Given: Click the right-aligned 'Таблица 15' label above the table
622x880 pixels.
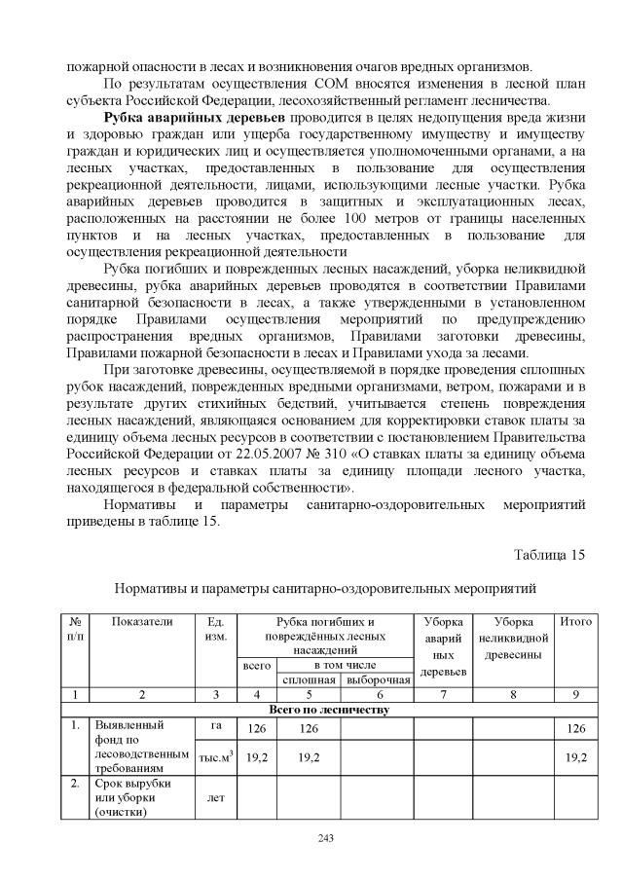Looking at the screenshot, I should point(548,555).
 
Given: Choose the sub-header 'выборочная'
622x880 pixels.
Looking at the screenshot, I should point(378,678).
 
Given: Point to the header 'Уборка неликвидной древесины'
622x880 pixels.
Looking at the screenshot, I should point(514,637).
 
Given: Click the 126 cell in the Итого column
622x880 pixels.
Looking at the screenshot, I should point(574,729).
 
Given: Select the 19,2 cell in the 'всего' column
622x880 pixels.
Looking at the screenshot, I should point(257,755).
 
